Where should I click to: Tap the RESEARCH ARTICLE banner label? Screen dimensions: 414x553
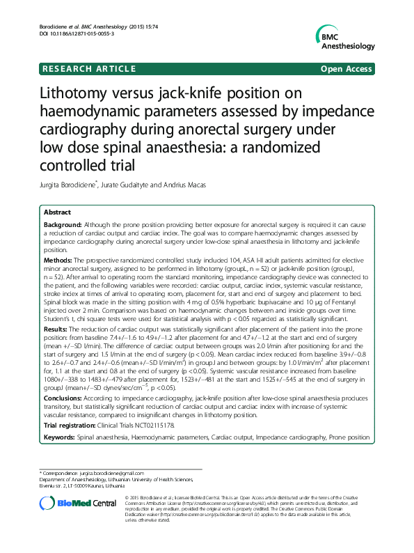82,69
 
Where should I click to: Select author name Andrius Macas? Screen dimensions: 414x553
189,186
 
